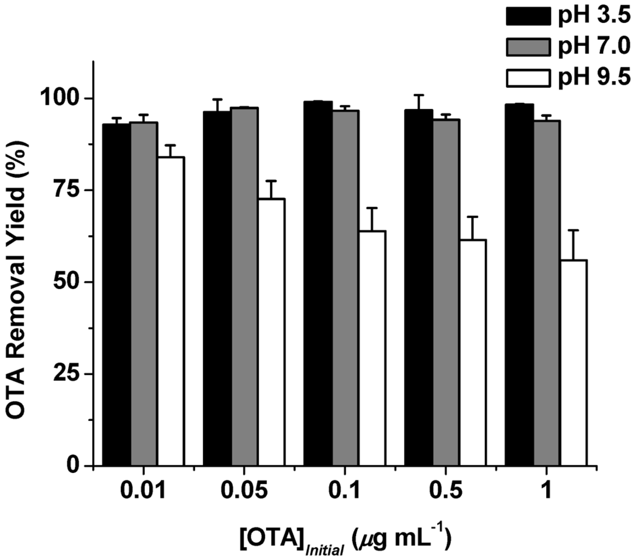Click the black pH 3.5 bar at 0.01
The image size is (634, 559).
pos(116,295)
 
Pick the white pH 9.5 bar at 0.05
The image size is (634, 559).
pos(271,332)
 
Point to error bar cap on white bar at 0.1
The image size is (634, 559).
pos(371,209)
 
